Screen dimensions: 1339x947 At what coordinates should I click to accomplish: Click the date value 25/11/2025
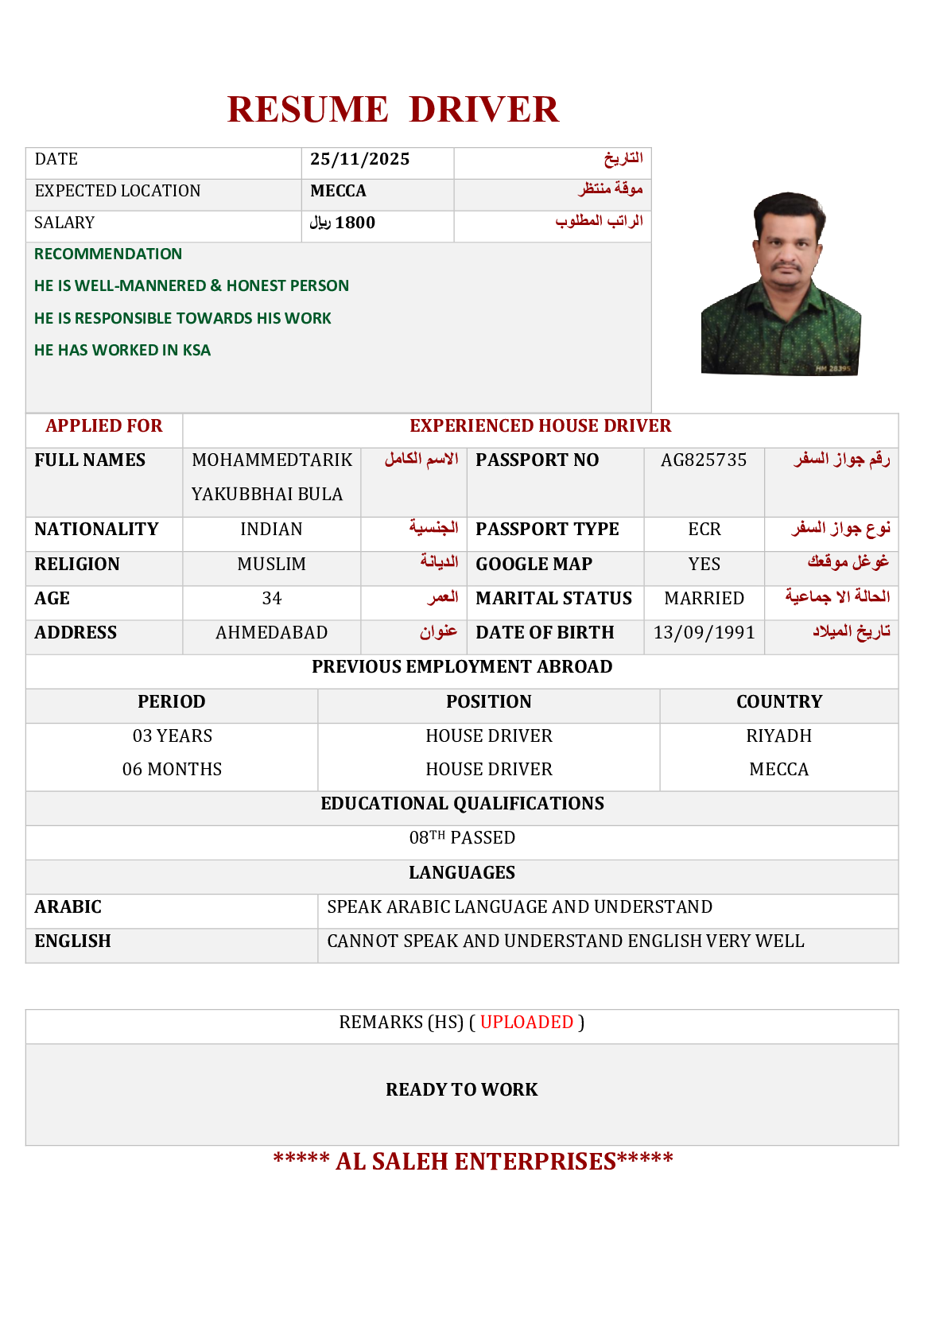(359, 160)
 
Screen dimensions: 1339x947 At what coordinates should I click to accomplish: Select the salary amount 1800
(355, 223)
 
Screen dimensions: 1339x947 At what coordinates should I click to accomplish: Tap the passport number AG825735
(704, 460)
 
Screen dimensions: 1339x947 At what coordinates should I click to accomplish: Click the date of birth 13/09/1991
(704, 633)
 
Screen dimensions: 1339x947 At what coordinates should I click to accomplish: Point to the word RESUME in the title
(308, 110)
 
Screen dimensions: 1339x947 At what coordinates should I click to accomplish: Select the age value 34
(272, 599)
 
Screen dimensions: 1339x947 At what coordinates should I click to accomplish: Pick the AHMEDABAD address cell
(272, 633)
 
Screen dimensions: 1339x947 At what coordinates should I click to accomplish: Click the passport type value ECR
(704, 530)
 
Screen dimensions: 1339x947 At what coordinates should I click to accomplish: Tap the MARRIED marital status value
(704, 599)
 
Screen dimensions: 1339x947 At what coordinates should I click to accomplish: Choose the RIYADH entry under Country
(778, 736)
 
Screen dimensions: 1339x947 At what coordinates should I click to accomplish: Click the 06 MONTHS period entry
(172, 770)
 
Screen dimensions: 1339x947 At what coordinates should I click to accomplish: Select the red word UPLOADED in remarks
(526, 1023)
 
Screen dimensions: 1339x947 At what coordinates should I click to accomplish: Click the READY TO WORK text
(462, 1090)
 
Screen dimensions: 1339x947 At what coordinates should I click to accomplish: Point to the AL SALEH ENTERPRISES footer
(473, 1162)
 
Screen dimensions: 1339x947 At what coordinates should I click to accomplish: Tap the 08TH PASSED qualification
(462, 838)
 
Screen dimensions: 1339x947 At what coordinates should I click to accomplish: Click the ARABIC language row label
(68, 907)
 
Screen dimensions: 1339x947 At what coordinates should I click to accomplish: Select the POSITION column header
(488, 702)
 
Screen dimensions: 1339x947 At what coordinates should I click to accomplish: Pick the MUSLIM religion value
(272, 565)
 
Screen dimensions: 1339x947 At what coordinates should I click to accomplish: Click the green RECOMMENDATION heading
(108, 254)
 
